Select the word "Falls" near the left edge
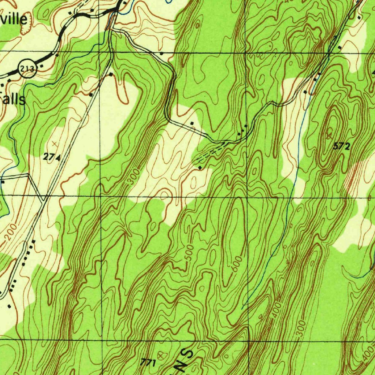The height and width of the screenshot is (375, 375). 13,99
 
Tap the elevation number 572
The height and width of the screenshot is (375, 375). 342,146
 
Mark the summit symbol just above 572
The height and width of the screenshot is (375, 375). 331,130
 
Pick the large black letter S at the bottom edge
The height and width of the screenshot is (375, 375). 189,354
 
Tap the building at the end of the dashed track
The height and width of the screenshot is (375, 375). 200,167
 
